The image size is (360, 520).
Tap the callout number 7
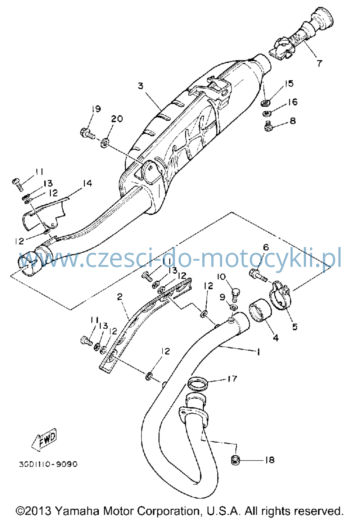(319, 63)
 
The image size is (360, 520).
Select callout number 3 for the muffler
(141, 86)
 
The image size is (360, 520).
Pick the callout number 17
(232, 379)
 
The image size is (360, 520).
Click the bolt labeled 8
(269, 126)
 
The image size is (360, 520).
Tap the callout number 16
(293, 102)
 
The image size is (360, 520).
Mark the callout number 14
(87, 183)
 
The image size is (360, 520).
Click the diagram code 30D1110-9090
(48, 464)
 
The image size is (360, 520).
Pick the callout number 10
(221, 277)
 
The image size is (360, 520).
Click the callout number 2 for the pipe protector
(120, 296)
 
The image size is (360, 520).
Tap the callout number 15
(289, 83)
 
